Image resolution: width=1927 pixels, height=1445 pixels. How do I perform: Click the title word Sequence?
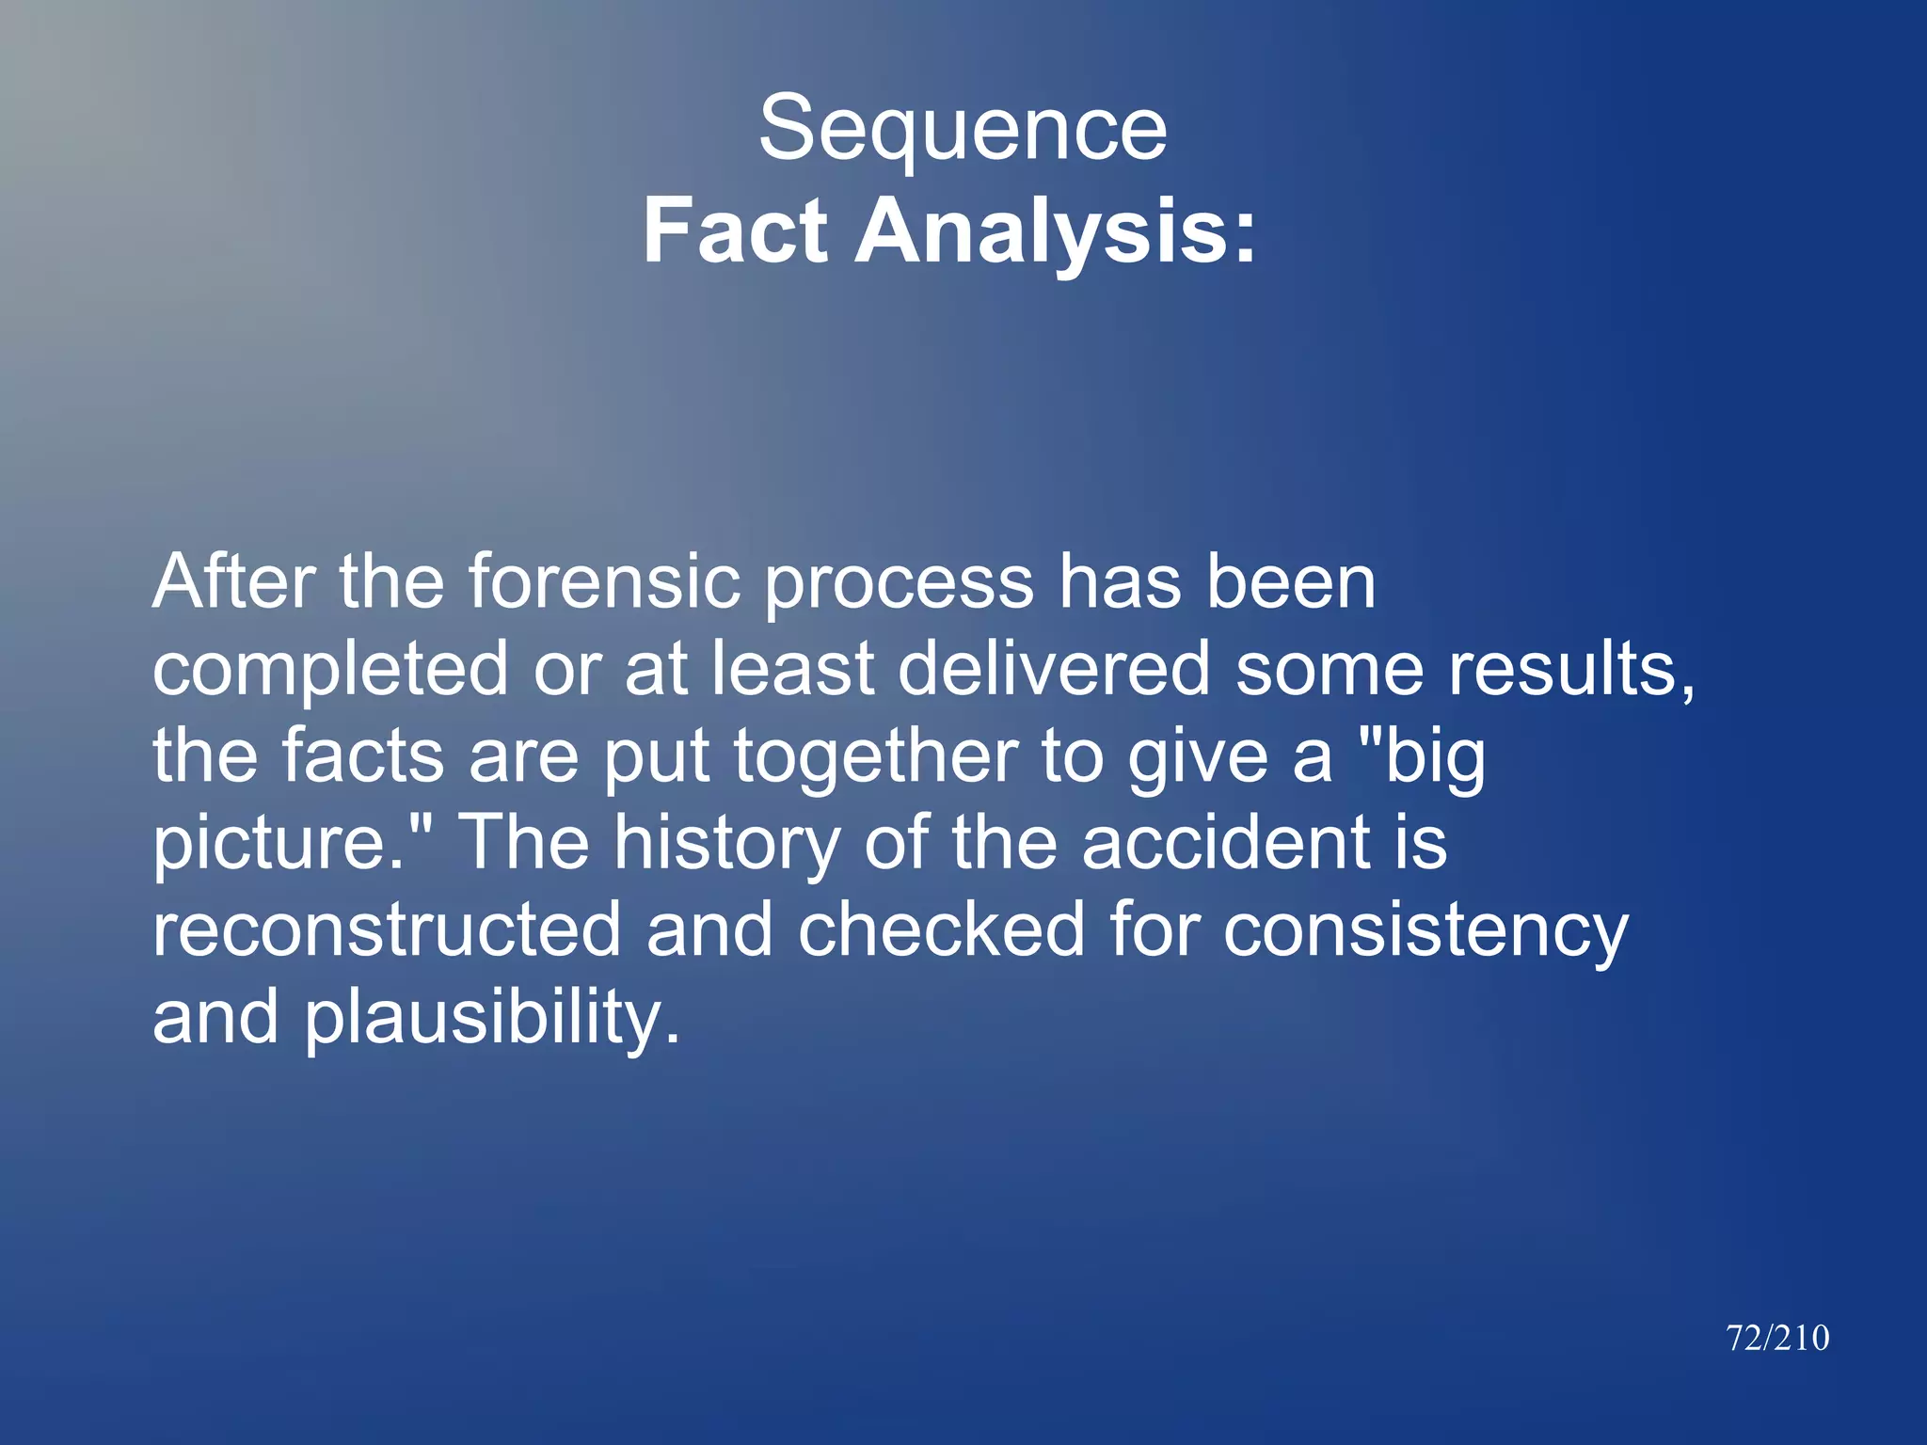click(x=963, y=130)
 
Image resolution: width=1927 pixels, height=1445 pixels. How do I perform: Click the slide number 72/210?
click(x=1777, y=1338)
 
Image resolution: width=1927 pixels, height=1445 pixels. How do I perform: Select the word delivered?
click(x=1054, y=668)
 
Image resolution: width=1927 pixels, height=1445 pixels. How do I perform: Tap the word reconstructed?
click(x=387, y=929)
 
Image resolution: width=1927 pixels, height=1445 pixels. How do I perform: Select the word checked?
click(x=941, y=929)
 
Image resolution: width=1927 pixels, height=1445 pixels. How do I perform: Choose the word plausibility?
click(x=489, y=1018)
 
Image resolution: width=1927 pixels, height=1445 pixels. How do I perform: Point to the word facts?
click(x=363, y=756)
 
